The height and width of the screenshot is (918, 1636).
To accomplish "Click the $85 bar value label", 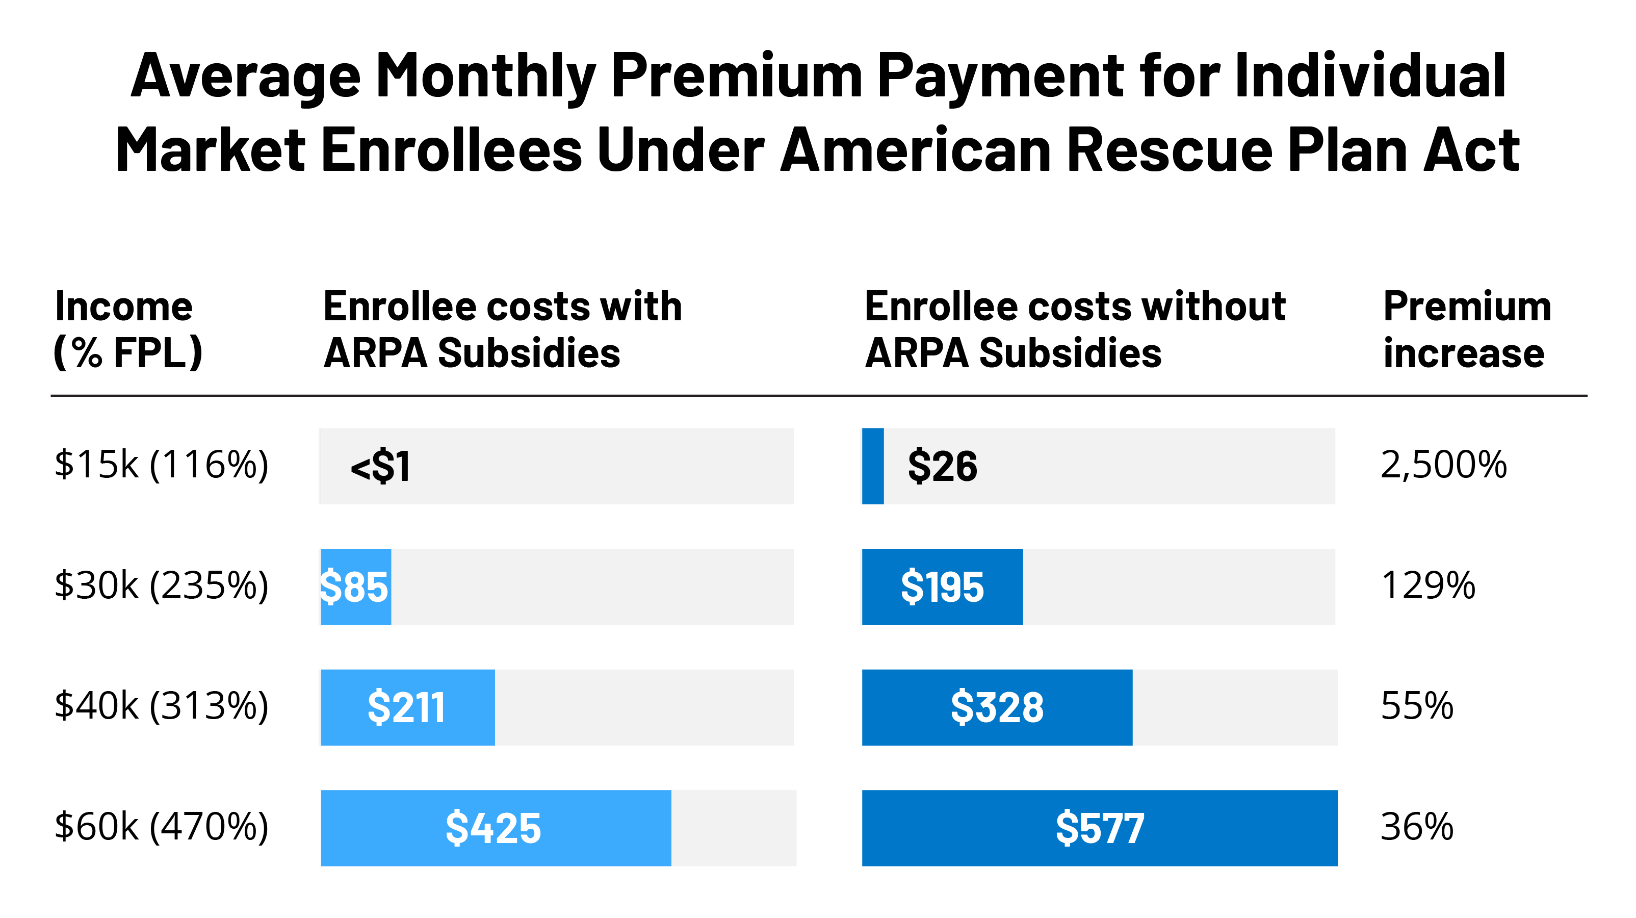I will tap(354, 587).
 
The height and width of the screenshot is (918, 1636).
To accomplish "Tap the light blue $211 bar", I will tap(407, 707).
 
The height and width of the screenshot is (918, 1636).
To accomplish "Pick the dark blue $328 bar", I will tap(997, 707).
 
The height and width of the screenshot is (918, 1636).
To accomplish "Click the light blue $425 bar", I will tap(496, 828).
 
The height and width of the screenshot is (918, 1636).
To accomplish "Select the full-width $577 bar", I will tap(1099, 828).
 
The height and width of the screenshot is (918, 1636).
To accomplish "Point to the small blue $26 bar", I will tap(873, 466).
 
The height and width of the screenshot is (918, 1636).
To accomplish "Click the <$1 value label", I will tap(380, 466).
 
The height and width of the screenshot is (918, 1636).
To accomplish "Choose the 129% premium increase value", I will tap(1427, 585).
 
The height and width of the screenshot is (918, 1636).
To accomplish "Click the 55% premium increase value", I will tap(1417, 705).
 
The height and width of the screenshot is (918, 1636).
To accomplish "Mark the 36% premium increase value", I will tap(1417, 827).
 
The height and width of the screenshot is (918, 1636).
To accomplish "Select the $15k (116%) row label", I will tap(161, 465).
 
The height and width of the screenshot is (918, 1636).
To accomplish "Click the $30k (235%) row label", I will tap(161, 585).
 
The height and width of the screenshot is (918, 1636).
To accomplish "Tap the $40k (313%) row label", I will tap(161, 705).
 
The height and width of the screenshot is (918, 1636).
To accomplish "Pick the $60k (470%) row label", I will tap(161, 827).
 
